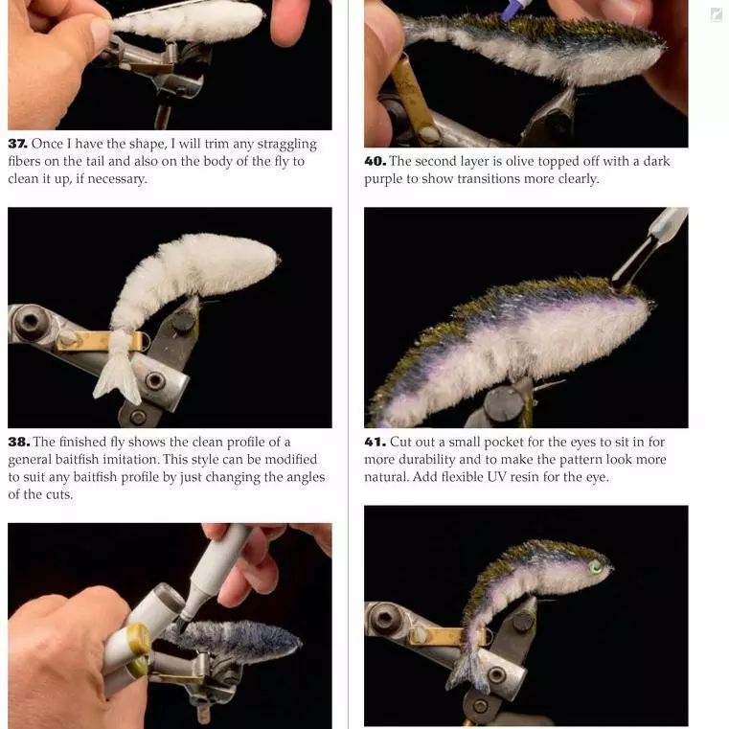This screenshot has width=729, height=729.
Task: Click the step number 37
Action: pyautogui.click(x=17, y=144)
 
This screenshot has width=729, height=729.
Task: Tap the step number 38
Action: pyautogui.click(x=18, y=442)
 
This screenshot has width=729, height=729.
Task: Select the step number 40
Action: pyautogui.click(x=375, y=161)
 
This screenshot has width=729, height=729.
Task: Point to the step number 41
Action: pyautogui.click(x=375, y=442)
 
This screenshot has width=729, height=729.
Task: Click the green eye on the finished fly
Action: pyautogui.click(x=596, y=567)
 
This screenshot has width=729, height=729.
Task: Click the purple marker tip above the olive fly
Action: pyautogui.click(x=511, y=10)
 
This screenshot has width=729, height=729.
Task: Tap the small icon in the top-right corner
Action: pyautogui.click(x=717, y=15)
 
